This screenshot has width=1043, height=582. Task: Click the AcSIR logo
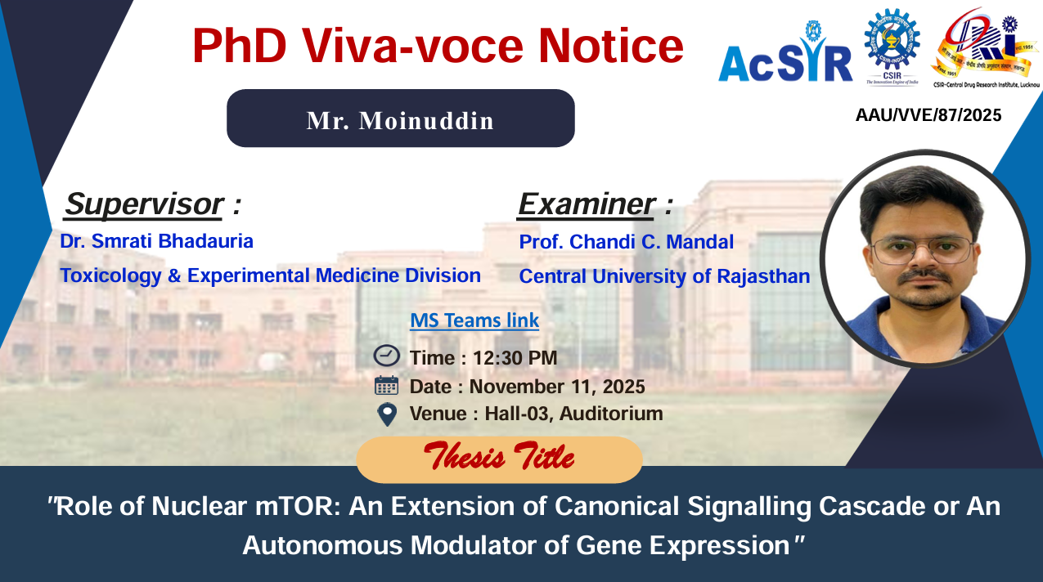(785, 53)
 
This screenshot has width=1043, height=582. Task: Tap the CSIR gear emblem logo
(892, 47)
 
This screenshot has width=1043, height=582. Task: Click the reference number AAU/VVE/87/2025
(928, 115)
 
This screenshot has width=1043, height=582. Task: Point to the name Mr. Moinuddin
(401, 120)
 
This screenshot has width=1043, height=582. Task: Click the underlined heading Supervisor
(144, 204)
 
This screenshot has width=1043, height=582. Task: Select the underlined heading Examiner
(587, 204)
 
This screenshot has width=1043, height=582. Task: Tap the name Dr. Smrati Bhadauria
(156, 241)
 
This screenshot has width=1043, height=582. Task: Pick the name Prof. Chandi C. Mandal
(627, 242)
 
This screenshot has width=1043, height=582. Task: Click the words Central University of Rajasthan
(664, 276)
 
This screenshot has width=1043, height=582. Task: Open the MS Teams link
(474, 320)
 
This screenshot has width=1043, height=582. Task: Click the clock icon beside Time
(386, 356)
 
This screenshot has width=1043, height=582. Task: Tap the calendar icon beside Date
(386, 386)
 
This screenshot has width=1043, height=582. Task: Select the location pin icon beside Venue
(387, 414)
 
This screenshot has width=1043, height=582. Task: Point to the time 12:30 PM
(515, 358)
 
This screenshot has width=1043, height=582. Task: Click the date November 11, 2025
(557, 387)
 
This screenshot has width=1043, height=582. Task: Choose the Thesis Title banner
(499, 459)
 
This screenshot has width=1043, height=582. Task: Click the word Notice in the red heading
(611, 46)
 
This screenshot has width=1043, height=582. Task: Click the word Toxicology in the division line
(110, 276)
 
